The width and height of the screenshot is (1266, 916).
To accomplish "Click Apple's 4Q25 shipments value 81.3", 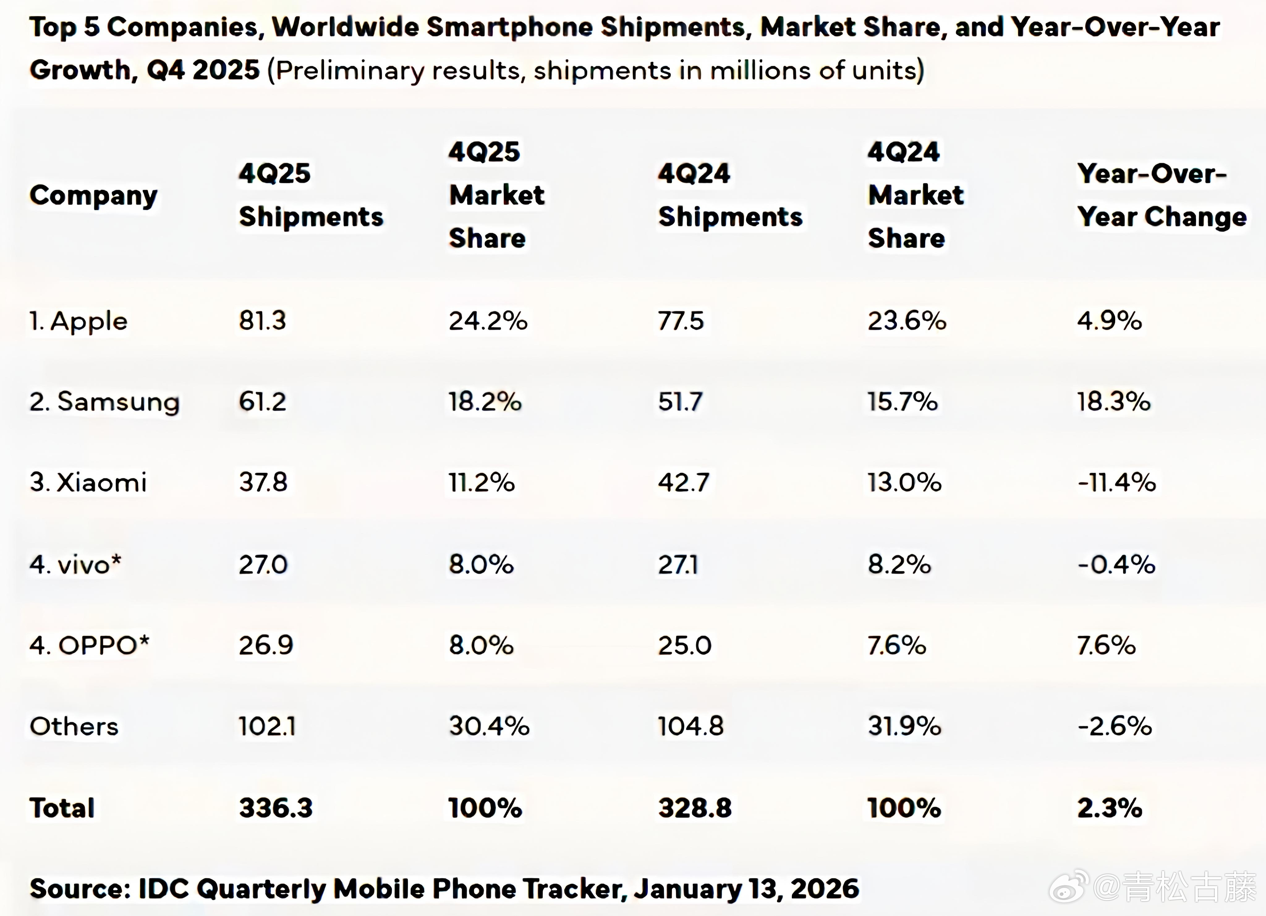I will [x=262, y=321].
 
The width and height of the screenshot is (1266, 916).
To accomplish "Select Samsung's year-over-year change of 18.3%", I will [x=1114, y=402].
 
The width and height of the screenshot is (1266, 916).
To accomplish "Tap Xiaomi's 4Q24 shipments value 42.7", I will [x=683, y=482].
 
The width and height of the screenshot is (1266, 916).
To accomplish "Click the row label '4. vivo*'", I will [x=75, y=564].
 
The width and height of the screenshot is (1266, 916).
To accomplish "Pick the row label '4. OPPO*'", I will [x=89, y=645].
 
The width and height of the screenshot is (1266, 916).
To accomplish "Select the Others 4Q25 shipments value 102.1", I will [x=267, y=726].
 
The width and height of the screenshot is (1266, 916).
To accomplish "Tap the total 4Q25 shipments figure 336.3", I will [x=276, y=808].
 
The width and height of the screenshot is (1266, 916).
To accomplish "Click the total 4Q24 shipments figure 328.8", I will [x=695, y=808].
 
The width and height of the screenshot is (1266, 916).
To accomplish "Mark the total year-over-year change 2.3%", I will [x=1110, y=808].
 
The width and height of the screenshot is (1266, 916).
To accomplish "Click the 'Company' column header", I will [x=93, y=195].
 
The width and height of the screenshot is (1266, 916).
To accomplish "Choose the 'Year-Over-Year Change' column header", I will [x=1161, y=195].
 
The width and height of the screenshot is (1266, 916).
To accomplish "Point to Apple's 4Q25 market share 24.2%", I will [x=488, y=321].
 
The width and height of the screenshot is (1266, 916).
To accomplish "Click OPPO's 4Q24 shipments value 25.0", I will [x=684, y=645].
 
